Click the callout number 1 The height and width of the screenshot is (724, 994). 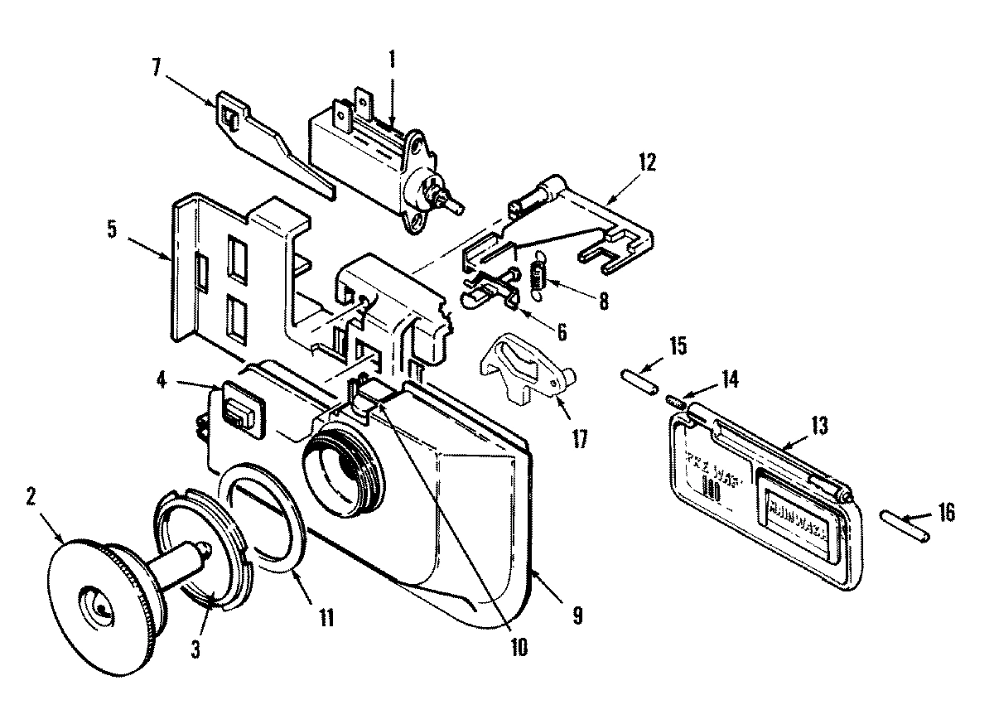392,60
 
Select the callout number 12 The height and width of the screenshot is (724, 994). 646,161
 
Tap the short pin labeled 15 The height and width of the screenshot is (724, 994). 638,383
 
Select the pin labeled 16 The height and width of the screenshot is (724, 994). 908,526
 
